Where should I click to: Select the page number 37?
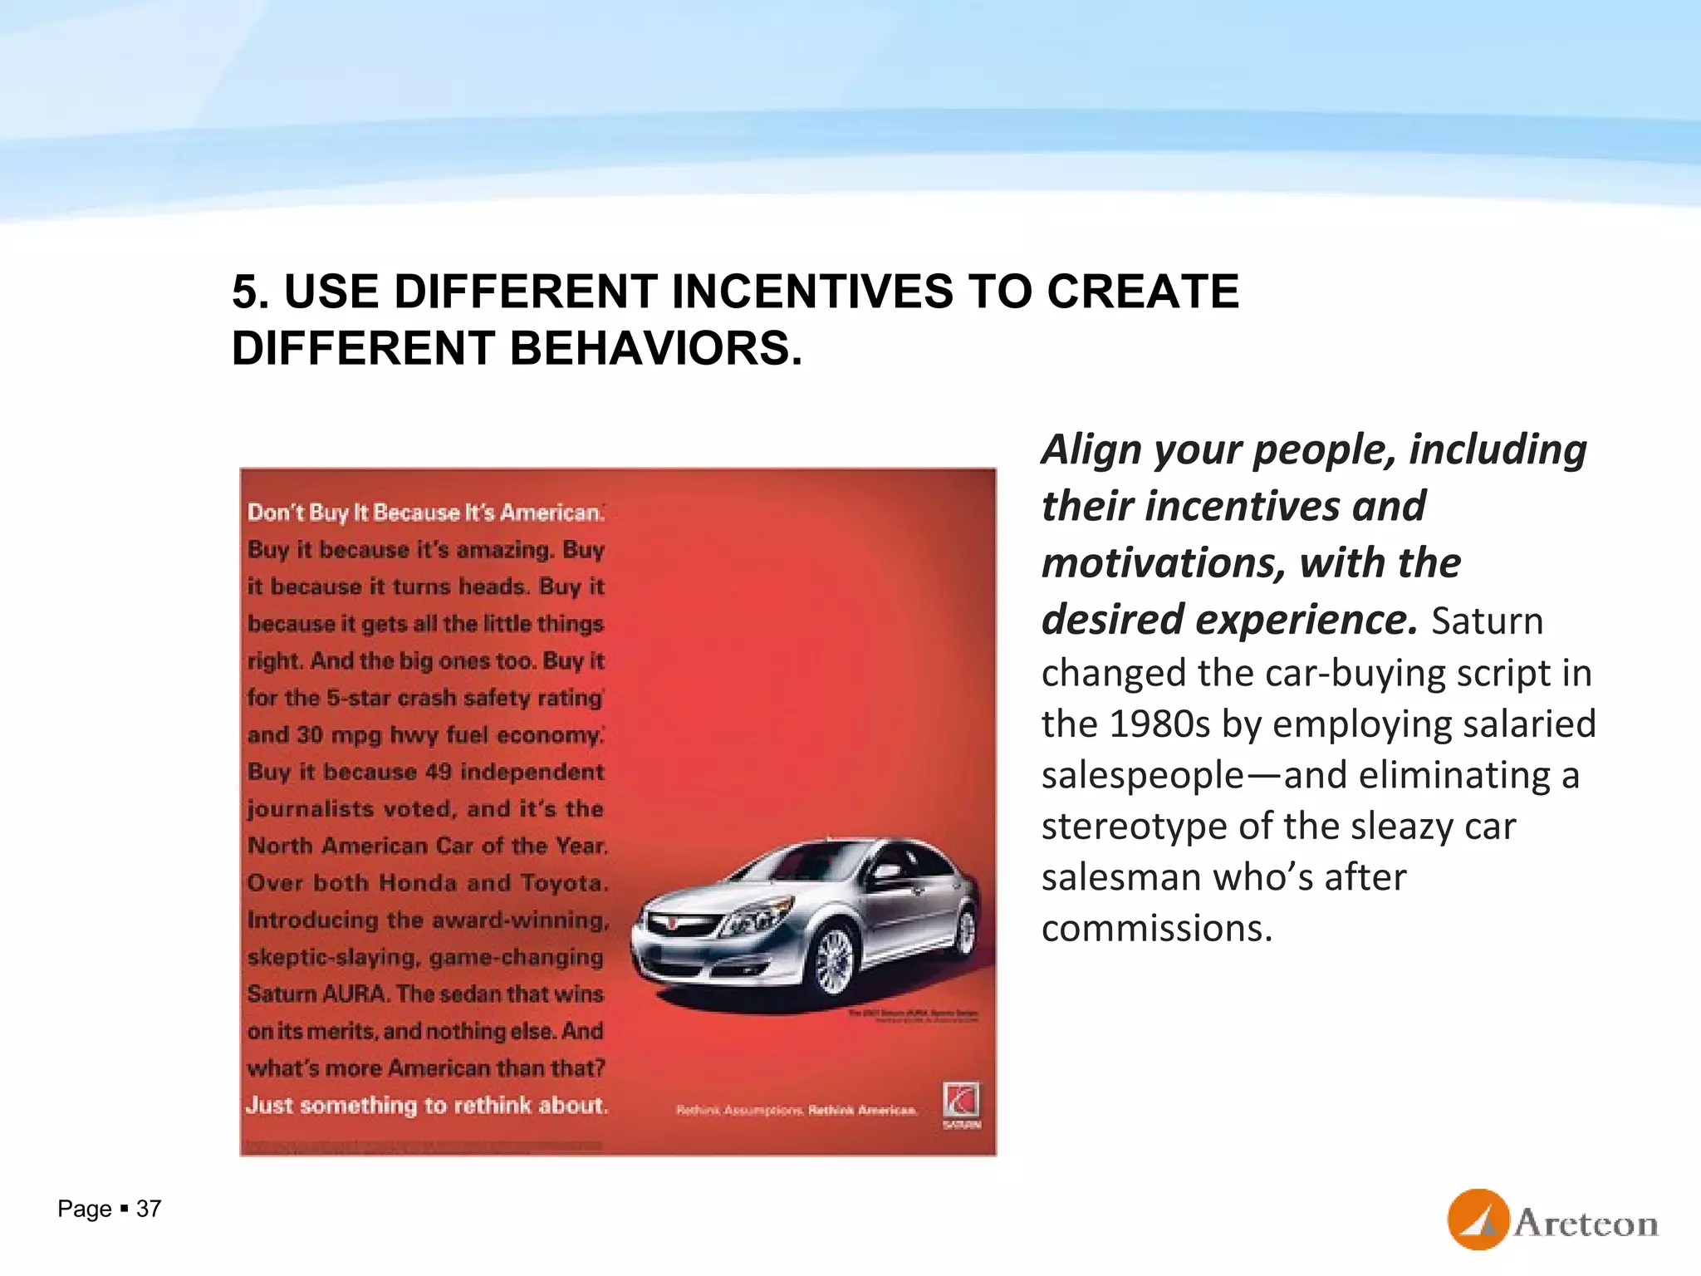[149, 1209]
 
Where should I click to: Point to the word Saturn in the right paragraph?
[1487, 621]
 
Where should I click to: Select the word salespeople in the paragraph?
[1143, 776]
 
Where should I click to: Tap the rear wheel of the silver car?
[965, 931]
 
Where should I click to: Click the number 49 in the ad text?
[439, 772]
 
